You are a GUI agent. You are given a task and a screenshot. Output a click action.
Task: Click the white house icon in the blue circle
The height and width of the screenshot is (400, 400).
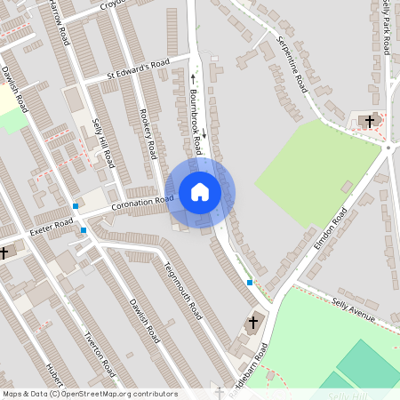pyautogui.click(x=200, y=192)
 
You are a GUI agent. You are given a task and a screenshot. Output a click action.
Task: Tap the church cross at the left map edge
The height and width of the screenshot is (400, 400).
pyautogui.click(x=4, y=253)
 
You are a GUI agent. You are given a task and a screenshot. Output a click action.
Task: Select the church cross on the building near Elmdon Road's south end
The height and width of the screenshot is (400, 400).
pyautogui.click(x=253, y=322)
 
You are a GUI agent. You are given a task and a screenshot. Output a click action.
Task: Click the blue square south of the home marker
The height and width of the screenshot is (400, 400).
pyautogui.click(x=250, y=283)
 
